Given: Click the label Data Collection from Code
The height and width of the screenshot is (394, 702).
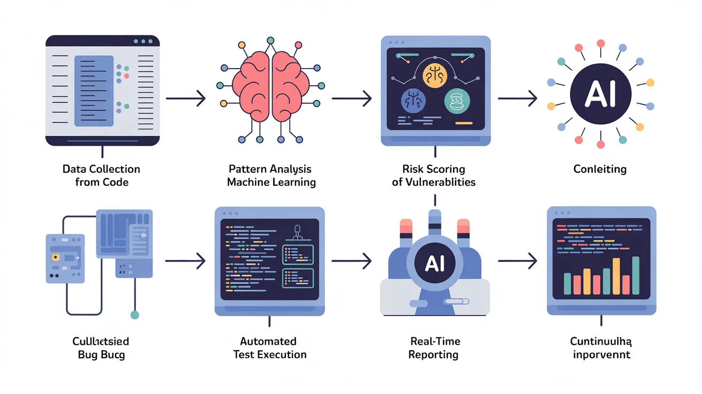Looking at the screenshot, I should [x=101, y=176].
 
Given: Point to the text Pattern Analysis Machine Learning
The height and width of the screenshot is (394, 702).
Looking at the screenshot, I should [x=271, y=176].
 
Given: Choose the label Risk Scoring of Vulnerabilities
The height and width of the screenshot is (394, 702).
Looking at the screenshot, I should [x=433, y=176].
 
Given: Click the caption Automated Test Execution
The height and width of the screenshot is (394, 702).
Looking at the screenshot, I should [x=269, y=348].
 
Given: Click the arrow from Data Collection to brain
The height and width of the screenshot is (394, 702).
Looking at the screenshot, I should [x=186, y=98].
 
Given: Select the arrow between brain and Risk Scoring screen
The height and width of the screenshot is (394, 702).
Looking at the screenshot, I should [x=352, y=98].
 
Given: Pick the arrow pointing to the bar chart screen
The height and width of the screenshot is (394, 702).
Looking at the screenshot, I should [x=517, y=261].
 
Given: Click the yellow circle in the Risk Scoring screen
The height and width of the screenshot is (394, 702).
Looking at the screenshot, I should [x=434, y=75].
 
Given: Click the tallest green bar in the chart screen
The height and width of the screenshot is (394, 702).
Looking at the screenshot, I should [x=636, y=276].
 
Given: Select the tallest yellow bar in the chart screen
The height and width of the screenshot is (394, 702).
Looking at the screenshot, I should [x=616, y=276].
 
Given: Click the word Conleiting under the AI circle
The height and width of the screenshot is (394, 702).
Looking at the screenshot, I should [x=600, y=169].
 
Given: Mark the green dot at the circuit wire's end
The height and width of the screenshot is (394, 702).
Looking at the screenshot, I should [x=135, y=315].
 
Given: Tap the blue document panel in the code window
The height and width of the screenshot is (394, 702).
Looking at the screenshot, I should [x=94, y=91].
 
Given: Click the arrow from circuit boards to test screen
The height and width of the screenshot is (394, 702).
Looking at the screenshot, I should [x=186, y=261].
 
